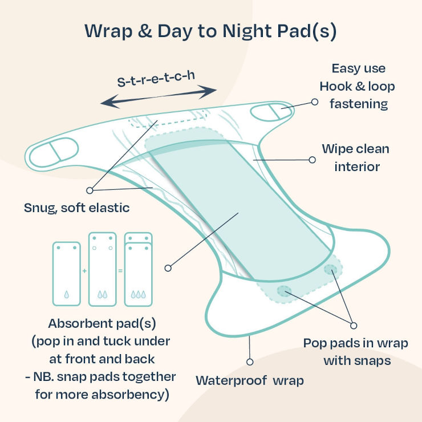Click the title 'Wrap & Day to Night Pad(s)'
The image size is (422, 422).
[210, 31]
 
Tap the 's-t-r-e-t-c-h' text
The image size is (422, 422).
[156, 79]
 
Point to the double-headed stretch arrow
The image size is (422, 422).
[159, 96]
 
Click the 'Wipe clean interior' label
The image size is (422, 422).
[355, 158]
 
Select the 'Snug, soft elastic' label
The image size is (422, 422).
[77, 208]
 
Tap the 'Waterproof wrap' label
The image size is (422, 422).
[249, 380]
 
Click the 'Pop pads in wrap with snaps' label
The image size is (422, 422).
[355, 352]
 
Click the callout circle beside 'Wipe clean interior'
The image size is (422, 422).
[312, 160]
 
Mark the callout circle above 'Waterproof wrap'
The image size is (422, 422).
[250, 362]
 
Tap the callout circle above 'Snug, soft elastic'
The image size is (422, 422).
[90, 190]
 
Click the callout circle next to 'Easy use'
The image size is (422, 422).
[315, 102]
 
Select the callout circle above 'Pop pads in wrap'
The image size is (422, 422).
[354, 326]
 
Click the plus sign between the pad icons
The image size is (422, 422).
[84, 271]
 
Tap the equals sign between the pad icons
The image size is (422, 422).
[120, 271]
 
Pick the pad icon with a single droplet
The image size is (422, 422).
[67, 274]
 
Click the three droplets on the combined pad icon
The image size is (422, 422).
[139, 294]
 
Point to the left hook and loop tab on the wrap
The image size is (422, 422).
[54, 152]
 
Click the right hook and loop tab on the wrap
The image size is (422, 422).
[271, 112]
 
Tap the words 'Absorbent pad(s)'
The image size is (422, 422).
[102, 324]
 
